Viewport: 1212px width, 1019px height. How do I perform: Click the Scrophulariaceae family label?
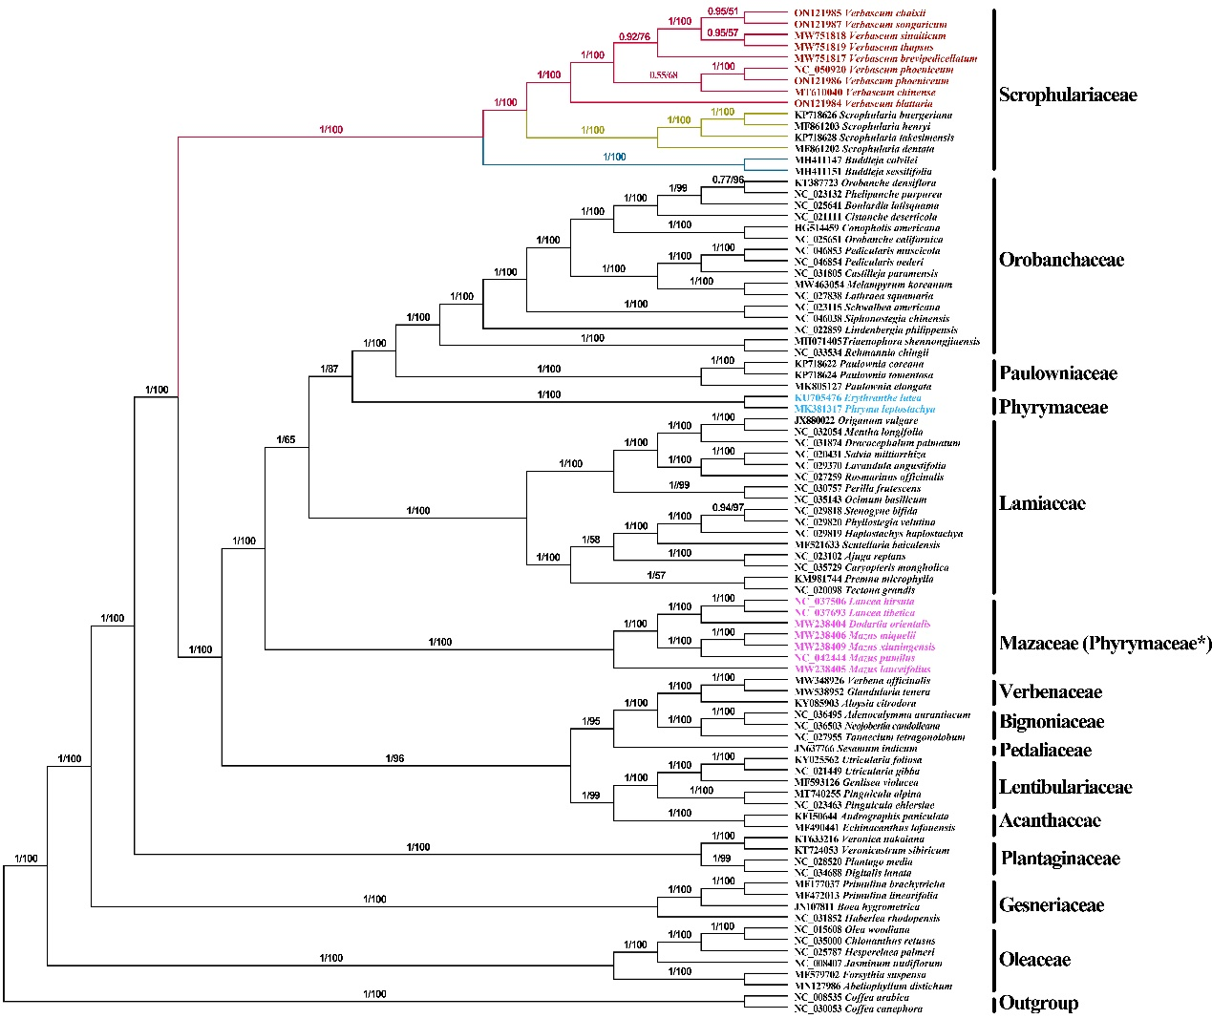(x=1067, y=95)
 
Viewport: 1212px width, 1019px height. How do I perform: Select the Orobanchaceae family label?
(x=1061, y=260)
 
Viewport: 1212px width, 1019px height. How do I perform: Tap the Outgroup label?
(x=1038, y=1003)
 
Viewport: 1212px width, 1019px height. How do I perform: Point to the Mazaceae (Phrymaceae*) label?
(x=1105, y=643)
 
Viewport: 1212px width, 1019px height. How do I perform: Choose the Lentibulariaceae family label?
(x=1065, y=787)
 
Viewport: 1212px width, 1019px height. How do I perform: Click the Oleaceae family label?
(x=1034, y=960)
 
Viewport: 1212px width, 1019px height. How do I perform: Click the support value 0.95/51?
(x=722, y=11)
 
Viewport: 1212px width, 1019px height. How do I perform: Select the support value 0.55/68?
(x=663, y=74)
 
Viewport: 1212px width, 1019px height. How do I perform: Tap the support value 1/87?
(x=330, y=369)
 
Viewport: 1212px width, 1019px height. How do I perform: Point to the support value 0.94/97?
(x=727, y=507)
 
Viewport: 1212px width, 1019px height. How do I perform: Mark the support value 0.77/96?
(x=728, y=179)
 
